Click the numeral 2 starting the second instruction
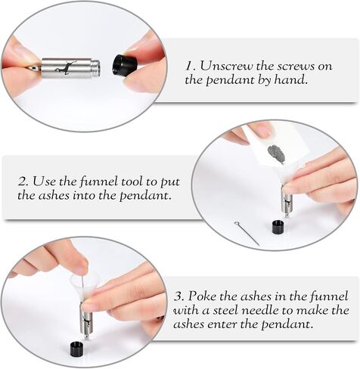pos(23,181)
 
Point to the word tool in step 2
pos(133,181)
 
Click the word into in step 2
pos(84,195)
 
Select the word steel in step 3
pos(226,310)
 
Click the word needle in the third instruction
pos(260,310)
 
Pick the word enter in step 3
pos(222,324)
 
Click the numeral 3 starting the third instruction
pos(178,296)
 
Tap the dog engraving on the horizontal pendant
pos(67,67)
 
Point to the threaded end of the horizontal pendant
pos(97,68)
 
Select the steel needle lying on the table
pos(247,233)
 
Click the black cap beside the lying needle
pos(278,227)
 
